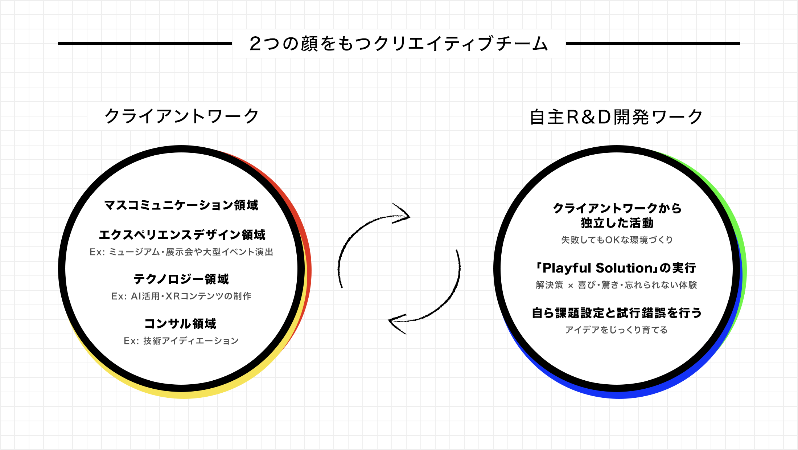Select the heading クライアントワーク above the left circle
point(181,116)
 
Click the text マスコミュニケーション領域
point(181,205)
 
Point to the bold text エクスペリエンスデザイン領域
point(182,235)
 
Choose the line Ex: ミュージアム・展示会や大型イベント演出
point(181,252)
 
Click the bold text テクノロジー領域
point(181,279)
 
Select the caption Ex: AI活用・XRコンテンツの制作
point(181,296)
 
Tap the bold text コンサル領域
point(180,323)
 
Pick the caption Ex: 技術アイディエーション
point(181,341)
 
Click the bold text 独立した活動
point(617,223)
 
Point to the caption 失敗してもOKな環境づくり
point(617,240)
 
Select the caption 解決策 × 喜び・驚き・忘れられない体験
point(616,285)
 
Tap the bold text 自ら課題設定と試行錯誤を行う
point(617,313)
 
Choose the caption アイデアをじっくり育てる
point(616,330)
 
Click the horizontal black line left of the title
point(145,44)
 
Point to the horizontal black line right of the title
point(653,44)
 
